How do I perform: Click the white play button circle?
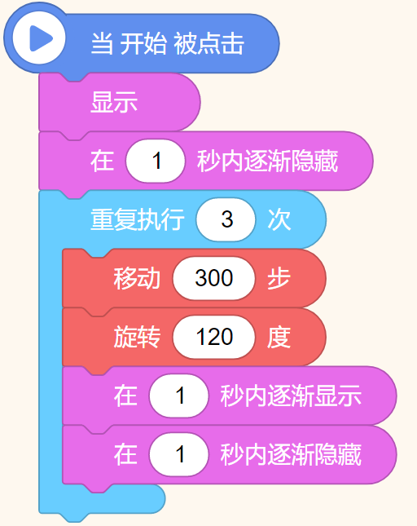pyautogui.click(x=39, y=38)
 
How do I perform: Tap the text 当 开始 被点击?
pyautogui.click(x=168, y=43)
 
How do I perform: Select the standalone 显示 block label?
pyautogui.click(x=114, y=102)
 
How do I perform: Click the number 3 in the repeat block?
pyautogui.click(x=226, y=219)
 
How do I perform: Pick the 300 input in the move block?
pyautogui.click(x=213, y=278)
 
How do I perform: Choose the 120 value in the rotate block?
pyautogui.click(x=213, y=337)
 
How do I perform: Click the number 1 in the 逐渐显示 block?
pyautogui.click(x=179, y=396)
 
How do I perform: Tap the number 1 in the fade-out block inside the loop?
pyautogui.click(x=179, y=454)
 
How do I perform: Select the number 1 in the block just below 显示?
pyautogui.click(x=156, y=161)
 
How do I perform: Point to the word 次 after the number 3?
pyautogui.click(x=279, y=220)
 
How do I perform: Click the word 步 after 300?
pyautogui.click(x=279, y=278)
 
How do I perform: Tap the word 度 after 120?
pyautogui.click(x=279, y=337)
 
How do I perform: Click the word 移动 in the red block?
pyautogui.click(x=137, y=278)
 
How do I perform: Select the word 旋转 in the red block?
pyautogui.click(x=137, y=337)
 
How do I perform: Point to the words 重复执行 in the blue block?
pyautogui.click(x=138, y=220)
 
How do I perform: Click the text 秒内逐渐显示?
pyautogui.click(x=291, y=396)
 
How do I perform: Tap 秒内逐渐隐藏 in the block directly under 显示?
pyautogui.click(x=267, y=161)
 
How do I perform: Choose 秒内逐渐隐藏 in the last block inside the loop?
pyautogui.click(x=291, y=454)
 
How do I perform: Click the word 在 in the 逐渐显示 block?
pyautogui.click(x=125, y=396)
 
